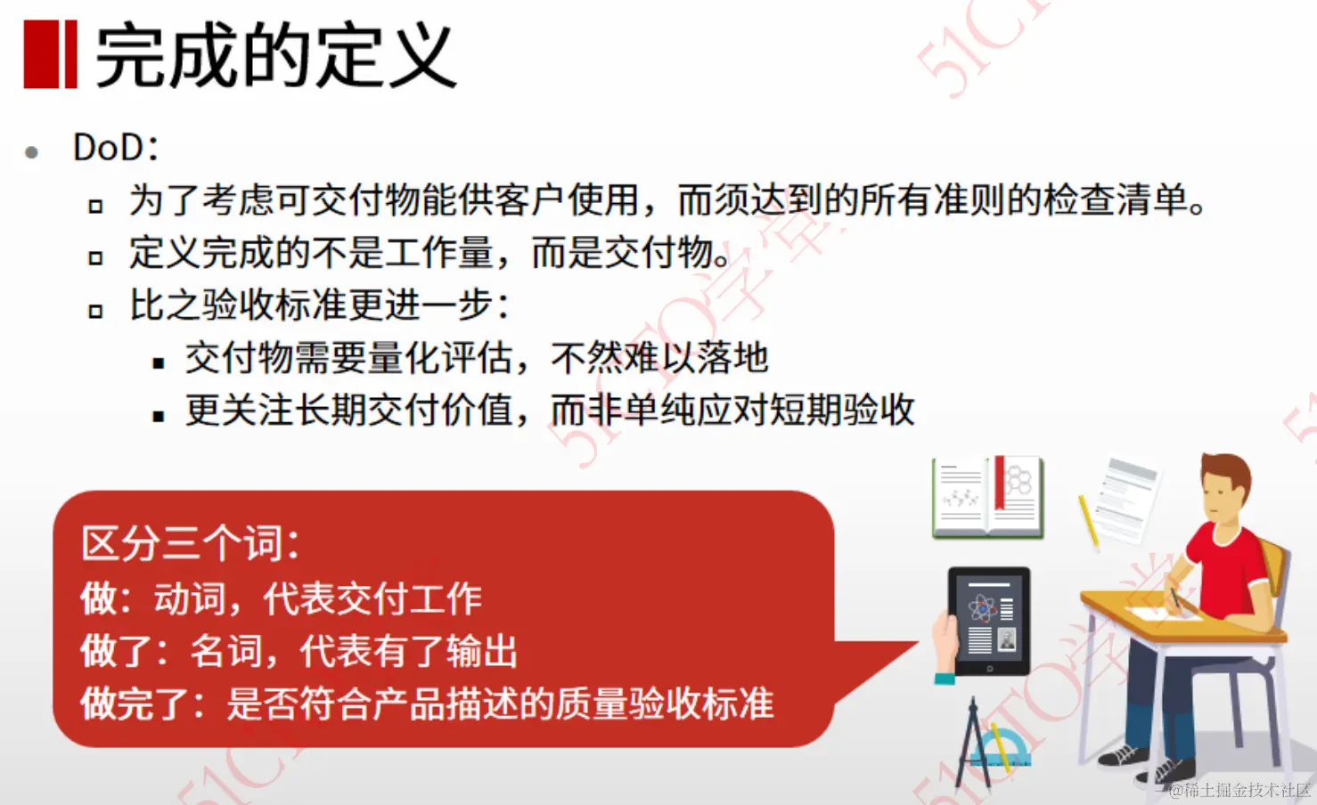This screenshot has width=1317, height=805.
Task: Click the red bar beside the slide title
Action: click(x=50, y=55)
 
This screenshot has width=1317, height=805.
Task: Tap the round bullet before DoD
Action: click(x=32, y=152)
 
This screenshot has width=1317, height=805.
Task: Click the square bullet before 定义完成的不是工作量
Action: click(x=95, y=258)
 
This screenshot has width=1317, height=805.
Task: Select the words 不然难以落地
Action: click(x=659, y=358)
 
